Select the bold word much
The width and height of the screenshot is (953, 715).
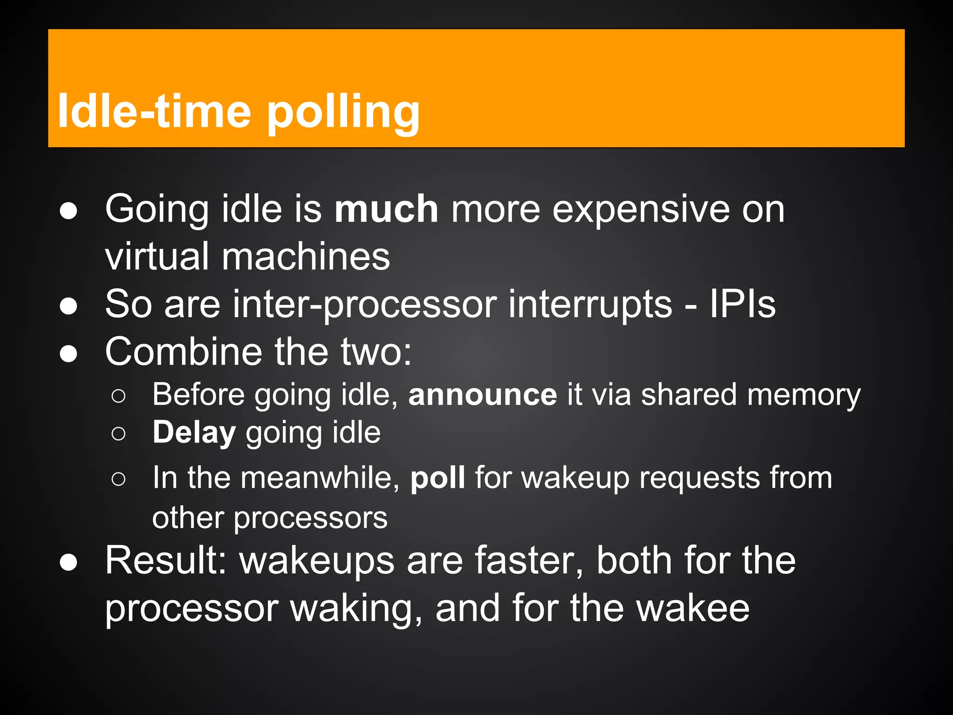click(x=386, y=209)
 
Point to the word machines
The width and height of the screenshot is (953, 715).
click(x=305, y=257)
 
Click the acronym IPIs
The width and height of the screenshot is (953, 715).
click(x=742, y=304)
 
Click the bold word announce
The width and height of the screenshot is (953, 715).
click(x=483, y=395)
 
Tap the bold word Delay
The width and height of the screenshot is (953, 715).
click(x=194, y=433)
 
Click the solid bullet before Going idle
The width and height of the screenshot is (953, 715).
click(x=68, y=211)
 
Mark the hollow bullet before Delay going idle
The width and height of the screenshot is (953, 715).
click(x=119, y=434)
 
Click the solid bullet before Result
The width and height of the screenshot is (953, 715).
click(x=68, y=562)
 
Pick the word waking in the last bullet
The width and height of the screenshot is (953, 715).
click(x=356, y=609)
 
